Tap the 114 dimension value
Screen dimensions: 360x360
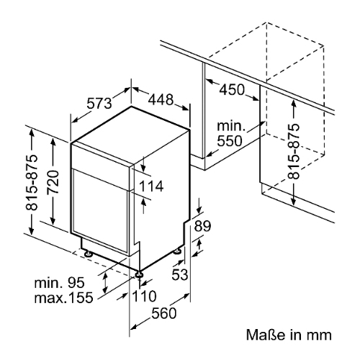pos(151,187)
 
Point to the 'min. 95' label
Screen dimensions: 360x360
pos(63,283)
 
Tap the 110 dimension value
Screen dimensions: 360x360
pos(144,297)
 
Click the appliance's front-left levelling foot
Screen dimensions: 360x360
pos(87,253)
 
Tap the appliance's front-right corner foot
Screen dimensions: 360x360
pos(138,274)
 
